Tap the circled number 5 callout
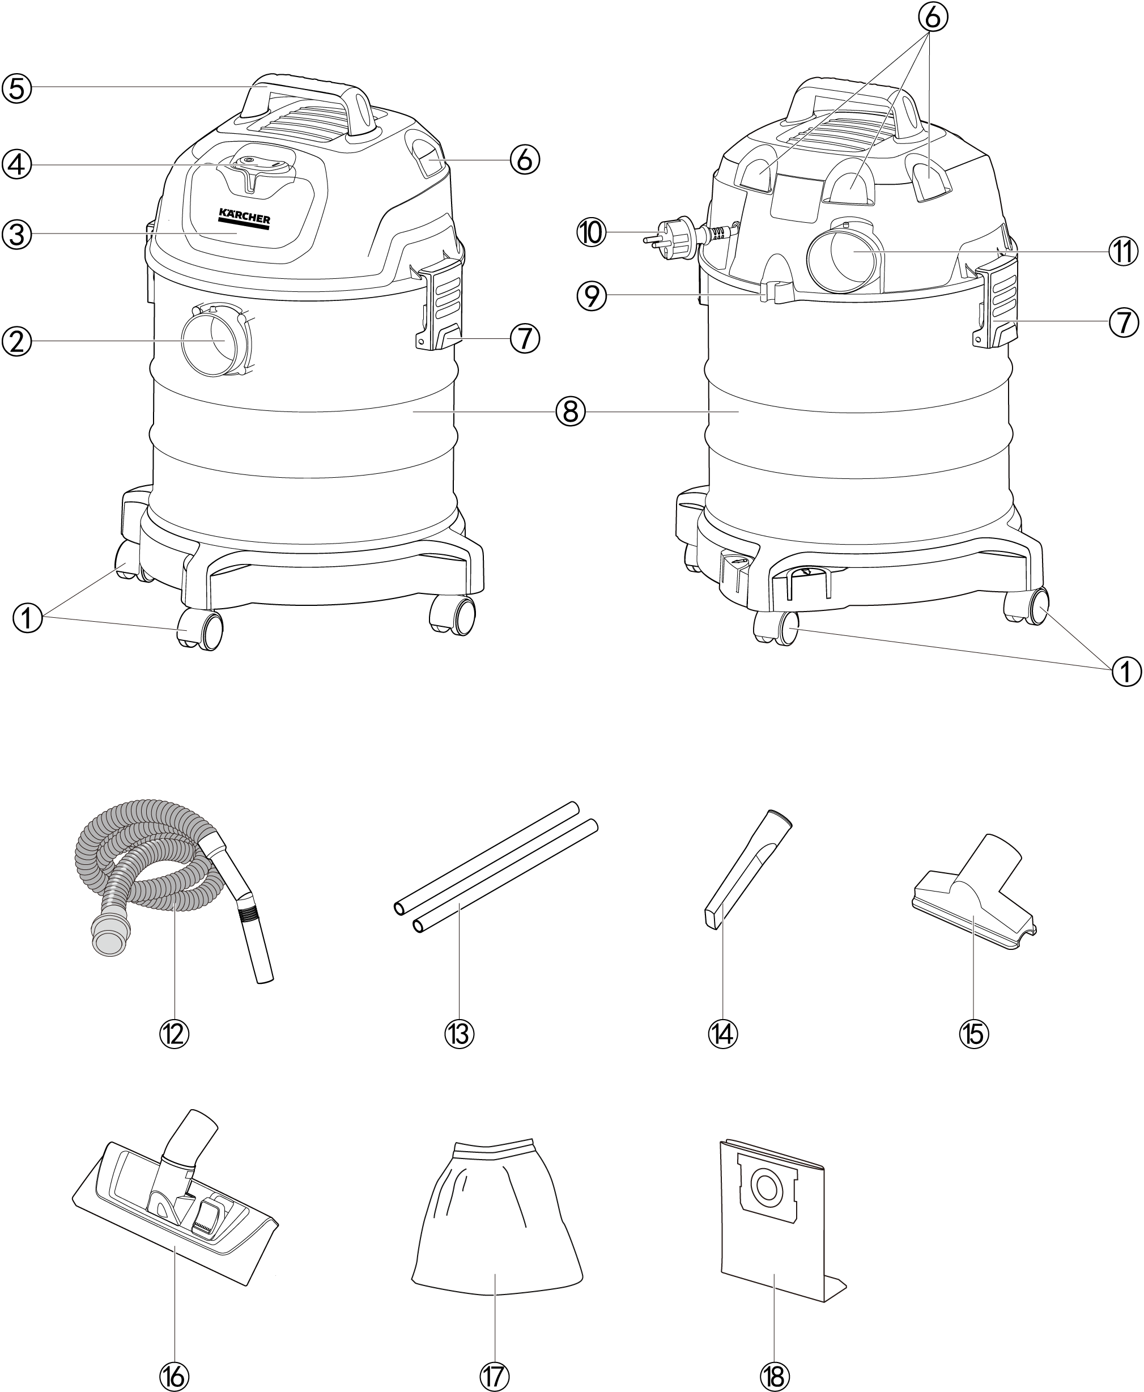point(16,88)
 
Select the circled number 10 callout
point(591,232)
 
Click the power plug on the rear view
point(672,238)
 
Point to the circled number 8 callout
point(571,411)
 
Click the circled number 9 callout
point(591,296)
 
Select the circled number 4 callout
point(16,164)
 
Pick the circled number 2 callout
point(16,341)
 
